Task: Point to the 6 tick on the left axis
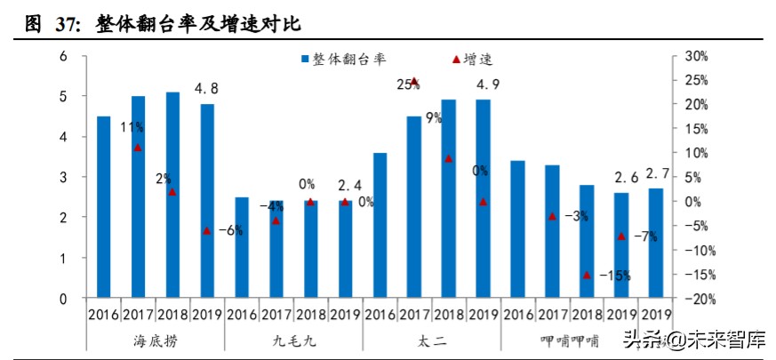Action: [63, 56]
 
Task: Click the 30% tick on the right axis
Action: [697, 56]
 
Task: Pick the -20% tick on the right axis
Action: [697, 299]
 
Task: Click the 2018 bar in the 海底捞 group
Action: [172, 196]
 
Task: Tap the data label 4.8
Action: [207, 88]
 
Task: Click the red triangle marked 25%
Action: [413, 81]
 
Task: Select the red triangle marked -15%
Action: [587, 275]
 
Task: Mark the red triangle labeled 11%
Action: [138, 148]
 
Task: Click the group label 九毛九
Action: [292, 340]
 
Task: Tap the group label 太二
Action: [431, 340]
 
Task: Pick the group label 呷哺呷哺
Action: [570, 340]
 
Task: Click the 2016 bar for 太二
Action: [380, 226]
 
